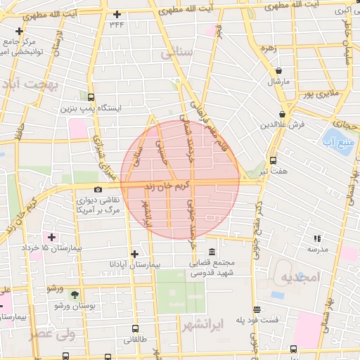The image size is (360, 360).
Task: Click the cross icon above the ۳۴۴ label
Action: (117, 14)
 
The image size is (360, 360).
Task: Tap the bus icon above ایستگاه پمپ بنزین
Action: (92, 98)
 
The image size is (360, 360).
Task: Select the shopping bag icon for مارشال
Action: (280, 72)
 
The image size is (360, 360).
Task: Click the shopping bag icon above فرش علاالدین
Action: (282, 114)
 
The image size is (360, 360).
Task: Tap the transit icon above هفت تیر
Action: (274, 160)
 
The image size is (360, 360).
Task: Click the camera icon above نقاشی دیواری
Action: (97, 189)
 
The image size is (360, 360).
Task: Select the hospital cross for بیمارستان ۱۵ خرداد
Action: (51, 237)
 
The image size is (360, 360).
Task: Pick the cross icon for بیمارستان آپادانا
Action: (134, 253)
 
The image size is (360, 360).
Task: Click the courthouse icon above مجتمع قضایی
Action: (212, 252)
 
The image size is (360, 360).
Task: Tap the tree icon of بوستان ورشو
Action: (76, 295)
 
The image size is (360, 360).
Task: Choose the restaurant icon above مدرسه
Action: (316, 239)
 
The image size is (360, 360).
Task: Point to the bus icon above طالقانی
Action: (136, 328)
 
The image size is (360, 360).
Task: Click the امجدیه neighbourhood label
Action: (300, 278)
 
